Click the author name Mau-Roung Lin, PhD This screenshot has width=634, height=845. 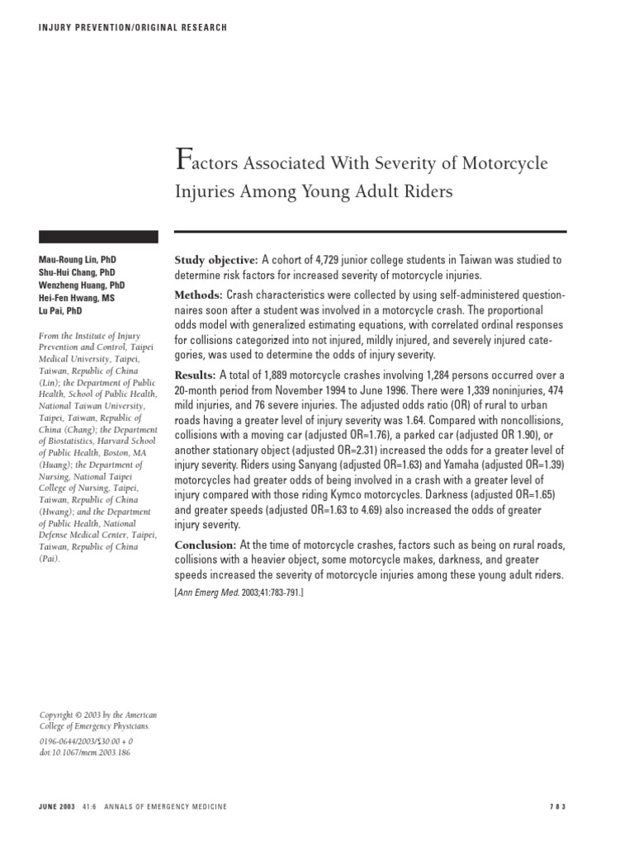(75, 259)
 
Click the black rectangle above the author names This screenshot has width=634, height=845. (99, 236)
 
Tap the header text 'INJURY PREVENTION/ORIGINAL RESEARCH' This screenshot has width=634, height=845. (133, 28)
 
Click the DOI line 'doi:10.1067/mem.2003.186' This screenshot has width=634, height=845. (85, 752)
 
